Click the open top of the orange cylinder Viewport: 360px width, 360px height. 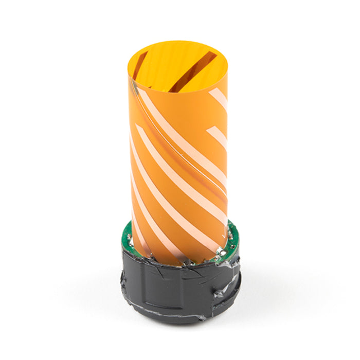(x=177, y=67)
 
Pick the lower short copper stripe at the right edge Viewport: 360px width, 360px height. (x=219, y=137)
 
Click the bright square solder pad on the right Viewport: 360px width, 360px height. (x=218, y=254)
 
